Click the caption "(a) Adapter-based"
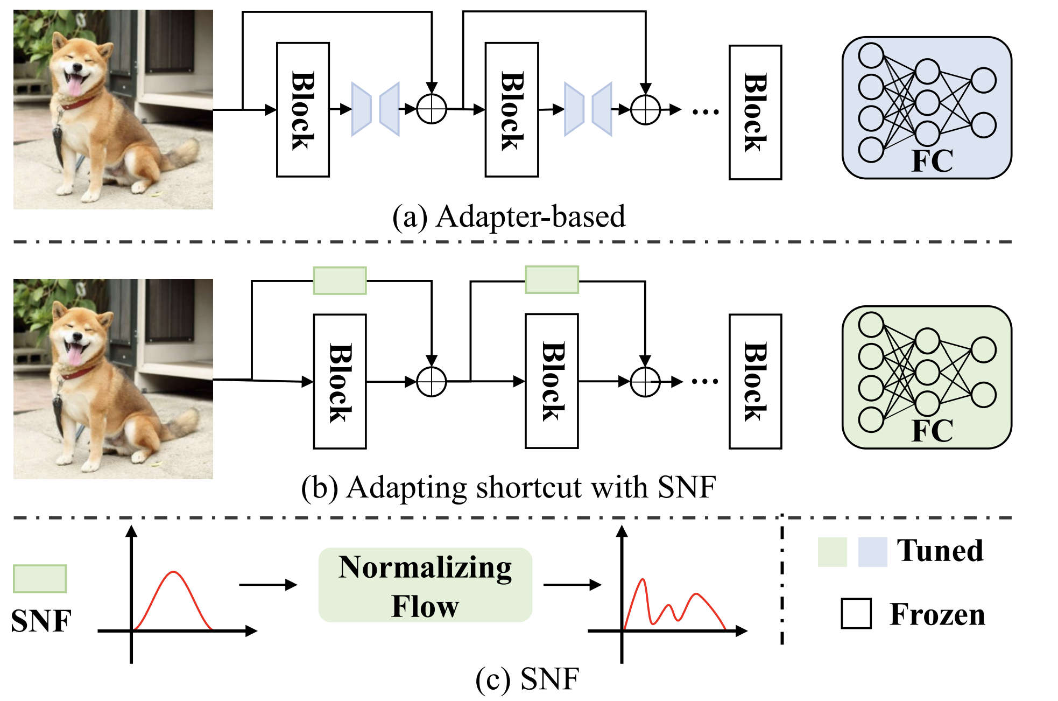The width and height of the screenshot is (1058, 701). (x=509, y=217)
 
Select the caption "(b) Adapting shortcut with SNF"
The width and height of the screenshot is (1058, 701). (x=509, y=488)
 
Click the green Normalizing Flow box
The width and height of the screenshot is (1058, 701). (x=425, y=585)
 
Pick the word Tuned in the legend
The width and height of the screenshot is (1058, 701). (x=940, y=551)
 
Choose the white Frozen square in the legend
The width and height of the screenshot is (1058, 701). (x=856, y=614)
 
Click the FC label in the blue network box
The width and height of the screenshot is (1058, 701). (x=932, y=160)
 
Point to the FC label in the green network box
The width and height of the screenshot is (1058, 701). (x=932, y=430)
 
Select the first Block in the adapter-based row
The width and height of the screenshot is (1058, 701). (x=302, y=110)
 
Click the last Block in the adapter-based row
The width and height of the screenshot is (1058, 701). (x=755, y=112)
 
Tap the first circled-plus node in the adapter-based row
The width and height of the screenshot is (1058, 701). (x=432, y=109)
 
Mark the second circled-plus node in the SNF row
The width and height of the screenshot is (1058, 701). (x=645, y=382)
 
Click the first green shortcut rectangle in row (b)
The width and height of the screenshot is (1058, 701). (x=340, y=281)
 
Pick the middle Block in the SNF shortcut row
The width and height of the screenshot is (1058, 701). (x=552, y=381)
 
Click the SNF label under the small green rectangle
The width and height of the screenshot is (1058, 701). (x=41, y=621)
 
